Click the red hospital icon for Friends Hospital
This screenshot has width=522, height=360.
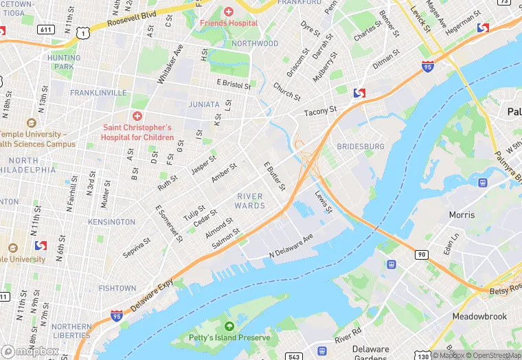(x=229, y=12)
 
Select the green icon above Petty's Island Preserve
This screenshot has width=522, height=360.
(x=229, y=326)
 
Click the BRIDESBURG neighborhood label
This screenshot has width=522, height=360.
(x=360, y=147)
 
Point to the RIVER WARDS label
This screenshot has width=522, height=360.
(x=250, y=201)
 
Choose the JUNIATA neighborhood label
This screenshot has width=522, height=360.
(x=204, y=104)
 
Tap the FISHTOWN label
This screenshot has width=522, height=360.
(x=117, y=288)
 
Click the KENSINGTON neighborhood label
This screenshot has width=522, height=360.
(x=112, y=222)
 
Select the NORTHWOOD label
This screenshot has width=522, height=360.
(x=255, y=43)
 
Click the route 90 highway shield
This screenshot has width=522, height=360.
(x=421, y=255)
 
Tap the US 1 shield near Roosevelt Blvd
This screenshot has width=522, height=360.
(x=83, y=32)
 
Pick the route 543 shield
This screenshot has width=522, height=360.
(x=295, y=356)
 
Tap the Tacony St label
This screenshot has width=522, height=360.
(x=321, y=109)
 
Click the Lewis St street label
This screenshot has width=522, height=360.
(x=323, y=201)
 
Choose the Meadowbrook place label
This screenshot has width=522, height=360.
(x=479, y=316)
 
